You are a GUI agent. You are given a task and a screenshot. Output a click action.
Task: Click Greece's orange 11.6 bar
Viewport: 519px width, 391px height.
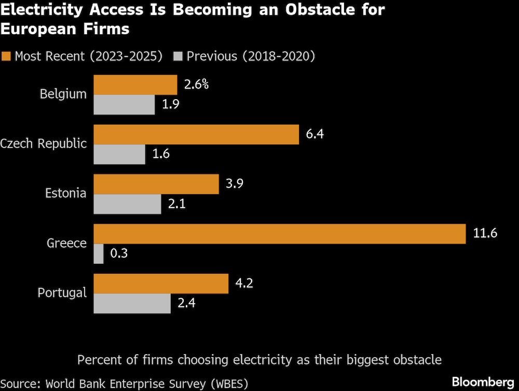[279, 234]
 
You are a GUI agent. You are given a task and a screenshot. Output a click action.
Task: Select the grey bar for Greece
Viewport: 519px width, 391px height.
[99, 254]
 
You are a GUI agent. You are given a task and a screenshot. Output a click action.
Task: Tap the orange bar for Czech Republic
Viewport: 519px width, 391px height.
[196, 134]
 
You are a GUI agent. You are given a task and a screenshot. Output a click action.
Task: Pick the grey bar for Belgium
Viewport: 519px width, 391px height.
[124, 104]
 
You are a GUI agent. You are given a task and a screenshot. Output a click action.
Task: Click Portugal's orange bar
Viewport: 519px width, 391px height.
[161, 284]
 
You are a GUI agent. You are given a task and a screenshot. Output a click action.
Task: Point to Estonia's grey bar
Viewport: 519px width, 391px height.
[127, 204]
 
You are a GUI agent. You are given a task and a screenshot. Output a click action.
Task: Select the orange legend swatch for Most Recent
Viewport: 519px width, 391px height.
[6, 56]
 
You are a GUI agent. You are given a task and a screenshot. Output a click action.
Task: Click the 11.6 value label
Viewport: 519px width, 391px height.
[485, 234]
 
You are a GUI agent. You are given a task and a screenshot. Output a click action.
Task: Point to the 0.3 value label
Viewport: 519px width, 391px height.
[119, 254]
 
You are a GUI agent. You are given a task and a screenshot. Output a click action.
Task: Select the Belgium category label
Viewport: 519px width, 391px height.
[63, 95]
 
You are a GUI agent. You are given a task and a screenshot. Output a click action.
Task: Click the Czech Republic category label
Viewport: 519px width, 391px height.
[44, 144]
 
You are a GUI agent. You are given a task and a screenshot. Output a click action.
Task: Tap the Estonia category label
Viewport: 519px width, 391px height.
[65, 194]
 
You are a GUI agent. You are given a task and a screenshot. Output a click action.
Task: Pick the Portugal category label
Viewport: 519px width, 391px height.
[62, 293]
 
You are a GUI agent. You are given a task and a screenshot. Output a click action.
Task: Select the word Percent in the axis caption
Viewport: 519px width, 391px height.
[98, 359]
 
